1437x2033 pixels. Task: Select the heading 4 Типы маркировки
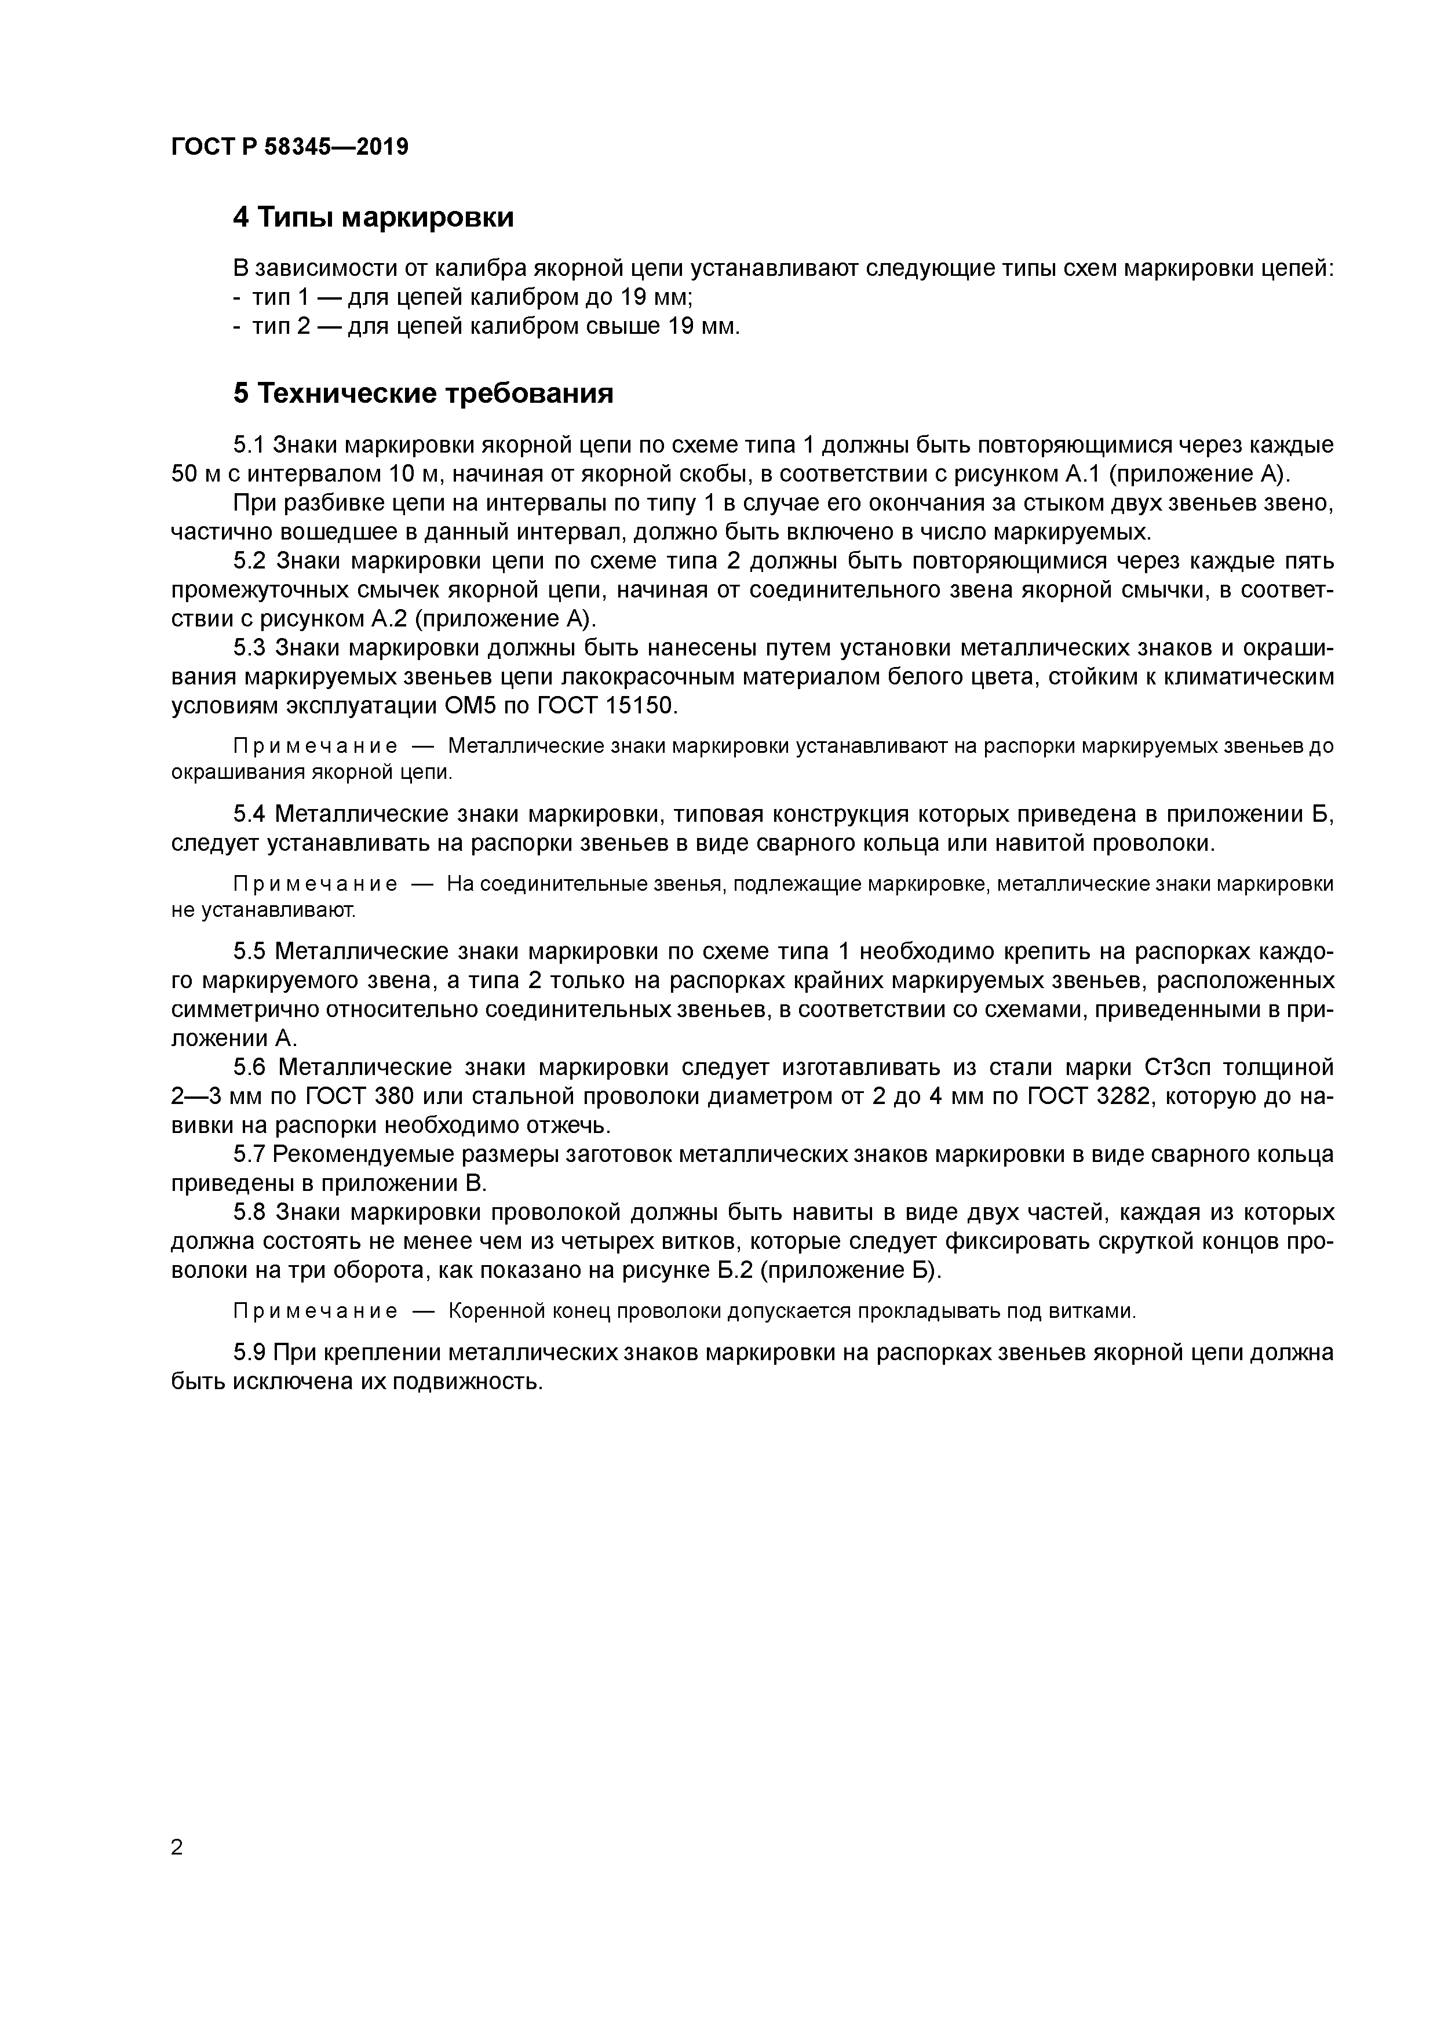(373, 217)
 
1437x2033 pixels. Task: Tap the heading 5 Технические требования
(423, 393)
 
